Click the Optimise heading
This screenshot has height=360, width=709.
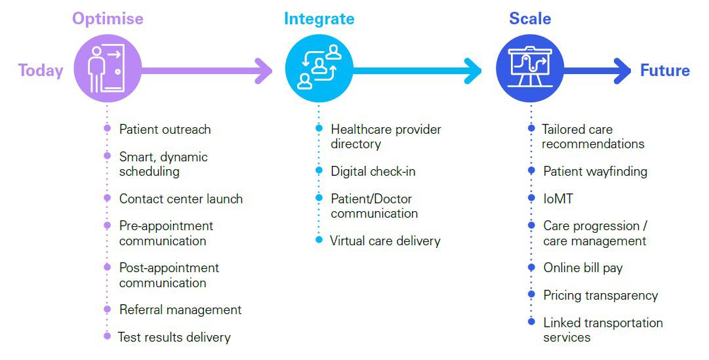(108, 18)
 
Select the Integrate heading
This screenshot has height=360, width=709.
(319, 18)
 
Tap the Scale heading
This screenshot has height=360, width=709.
(530, 18)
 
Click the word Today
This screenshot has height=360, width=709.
(41, 71)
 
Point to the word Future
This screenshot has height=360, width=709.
(665, 71)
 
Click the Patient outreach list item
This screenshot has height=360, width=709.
(165, 129)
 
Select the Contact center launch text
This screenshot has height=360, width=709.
(181, 199)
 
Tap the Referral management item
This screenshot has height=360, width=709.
(180, 310)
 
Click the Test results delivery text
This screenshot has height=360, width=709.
(174, 338)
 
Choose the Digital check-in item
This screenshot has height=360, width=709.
(373, 171)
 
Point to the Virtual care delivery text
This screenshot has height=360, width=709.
(385, 241)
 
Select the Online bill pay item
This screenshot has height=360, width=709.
(582, 268)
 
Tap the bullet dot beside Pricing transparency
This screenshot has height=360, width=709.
(531, 295)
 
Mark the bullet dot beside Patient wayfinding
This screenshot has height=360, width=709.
(531, 170)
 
